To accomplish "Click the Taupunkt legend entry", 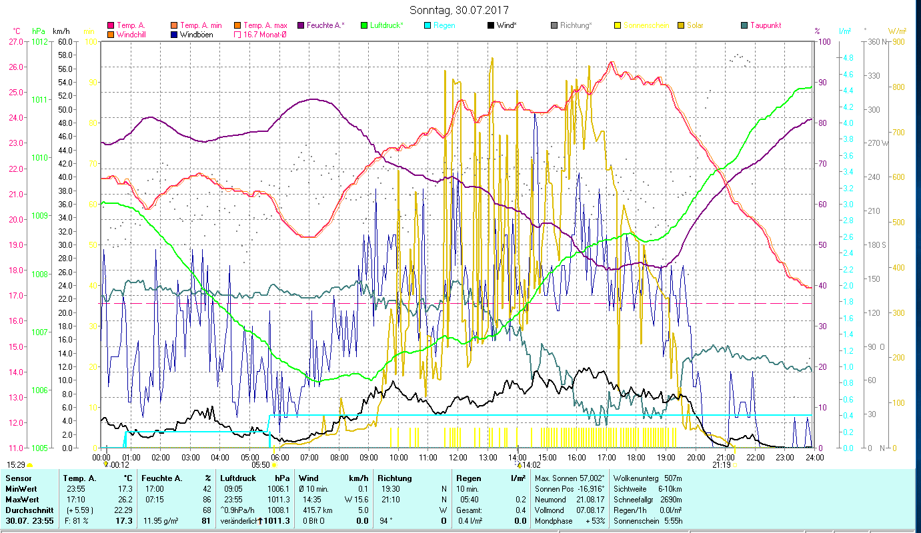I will (x=765, y=25).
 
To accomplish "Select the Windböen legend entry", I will (x=196, y=34).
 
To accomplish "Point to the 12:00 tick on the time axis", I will (x=458, y=458).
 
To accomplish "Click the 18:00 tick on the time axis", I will (x=636, y=458).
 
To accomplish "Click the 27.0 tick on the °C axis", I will (x=16, y=41).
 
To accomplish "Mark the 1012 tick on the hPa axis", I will (x=39, y=41).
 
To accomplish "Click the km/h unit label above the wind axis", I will (x=61, y=31).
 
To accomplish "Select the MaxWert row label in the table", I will (x=22, y=500).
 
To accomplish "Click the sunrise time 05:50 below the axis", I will (x=261, y=465).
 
